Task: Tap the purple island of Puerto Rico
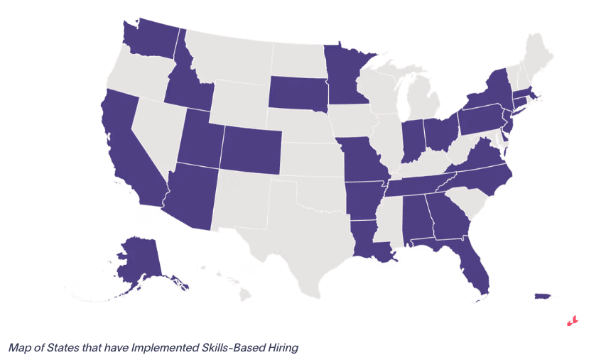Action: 542,295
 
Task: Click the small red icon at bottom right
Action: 572,320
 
